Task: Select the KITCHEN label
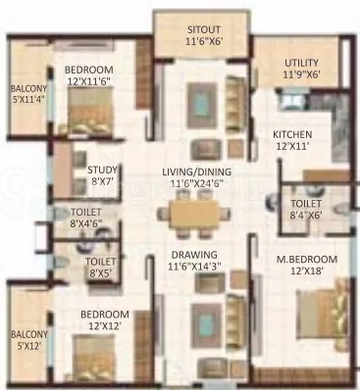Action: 291,133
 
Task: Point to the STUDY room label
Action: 101,169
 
